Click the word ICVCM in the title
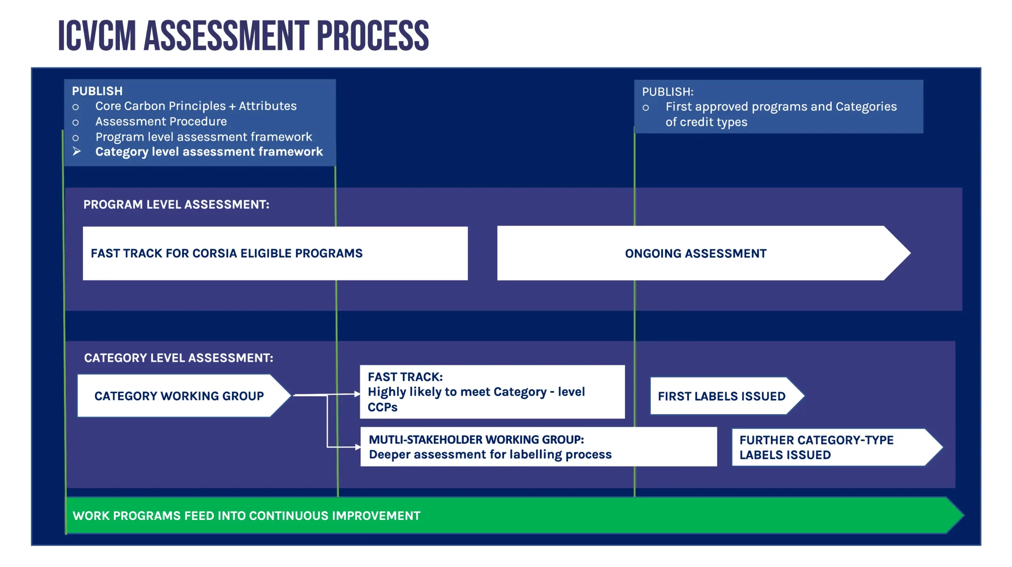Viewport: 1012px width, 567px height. [97, 36]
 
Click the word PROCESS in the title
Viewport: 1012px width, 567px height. [372, 36]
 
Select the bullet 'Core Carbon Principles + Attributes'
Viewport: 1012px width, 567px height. [196, 106]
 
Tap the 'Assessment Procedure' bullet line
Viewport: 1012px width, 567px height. [161, 121]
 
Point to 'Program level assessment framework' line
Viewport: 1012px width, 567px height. [204, 137]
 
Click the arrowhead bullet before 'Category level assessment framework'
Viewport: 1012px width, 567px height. [77, 151]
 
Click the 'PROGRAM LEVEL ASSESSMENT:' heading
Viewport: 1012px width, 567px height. [176, 204]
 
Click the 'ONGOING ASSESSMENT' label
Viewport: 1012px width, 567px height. [695, 253]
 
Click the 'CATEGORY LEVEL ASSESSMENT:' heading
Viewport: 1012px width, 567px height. [178, 358]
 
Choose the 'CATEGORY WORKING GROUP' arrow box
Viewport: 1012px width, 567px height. [179, 396]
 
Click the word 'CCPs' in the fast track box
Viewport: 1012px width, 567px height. [382, 407]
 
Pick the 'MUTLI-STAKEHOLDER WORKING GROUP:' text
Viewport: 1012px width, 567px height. [476, 439]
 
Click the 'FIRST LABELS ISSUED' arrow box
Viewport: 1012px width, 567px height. [721, 396]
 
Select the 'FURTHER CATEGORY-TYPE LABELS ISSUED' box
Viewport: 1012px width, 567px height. [816, 447]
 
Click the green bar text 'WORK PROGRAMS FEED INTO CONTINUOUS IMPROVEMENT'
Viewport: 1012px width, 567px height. [246, 516]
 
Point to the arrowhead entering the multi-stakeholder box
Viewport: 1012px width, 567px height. [358, 447]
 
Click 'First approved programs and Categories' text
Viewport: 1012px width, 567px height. [781, 107]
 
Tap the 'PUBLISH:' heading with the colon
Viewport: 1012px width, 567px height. [667, 92]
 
